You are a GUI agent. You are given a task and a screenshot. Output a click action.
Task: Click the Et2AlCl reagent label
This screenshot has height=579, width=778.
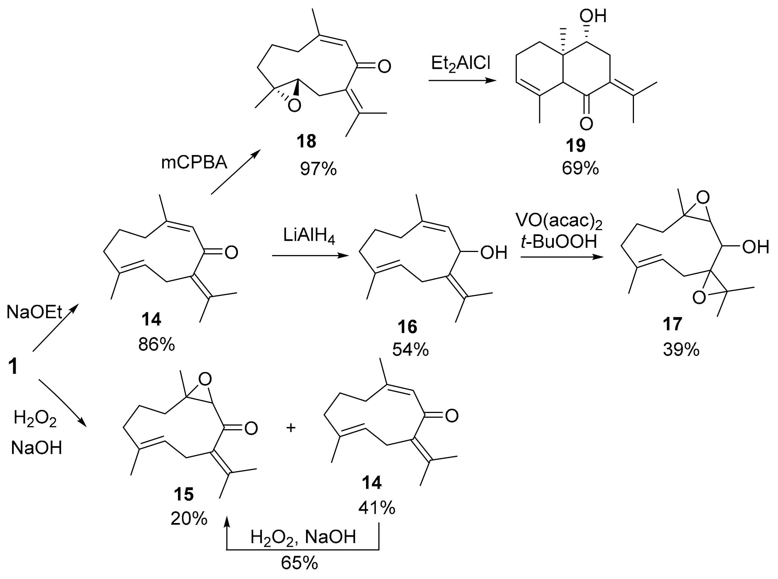point(460,64)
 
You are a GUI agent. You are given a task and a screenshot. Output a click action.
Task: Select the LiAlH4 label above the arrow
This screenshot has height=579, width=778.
point(309,237)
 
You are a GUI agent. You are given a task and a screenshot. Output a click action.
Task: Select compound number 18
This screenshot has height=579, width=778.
point(306,141)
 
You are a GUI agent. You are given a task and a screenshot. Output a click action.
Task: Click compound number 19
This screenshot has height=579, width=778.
point(576,146)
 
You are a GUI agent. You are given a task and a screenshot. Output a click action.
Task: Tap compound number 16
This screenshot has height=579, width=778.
point(407,327)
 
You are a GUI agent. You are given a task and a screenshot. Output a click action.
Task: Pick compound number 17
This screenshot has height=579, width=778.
point(672,324)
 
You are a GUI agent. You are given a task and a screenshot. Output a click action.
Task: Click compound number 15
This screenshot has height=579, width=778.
point(184,494)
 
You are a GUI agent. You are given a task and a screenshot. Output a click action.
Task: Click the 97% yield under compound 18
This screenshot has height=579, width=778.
point(318,169)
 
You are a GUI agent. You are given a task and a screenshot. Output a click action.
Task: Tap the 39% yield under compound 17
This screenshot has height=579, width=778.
point(681,349)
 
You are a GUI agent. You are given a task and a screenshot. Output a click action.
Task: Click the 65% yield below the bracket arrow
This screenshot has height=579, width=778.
point(299,563)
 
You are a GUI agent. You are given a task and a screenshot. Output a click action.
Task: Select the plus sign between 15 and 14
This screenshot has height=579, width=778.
point(291,428)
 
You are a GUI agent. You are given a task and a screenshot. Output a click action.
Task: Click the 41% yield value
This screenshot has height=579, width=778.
point(377,508)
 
